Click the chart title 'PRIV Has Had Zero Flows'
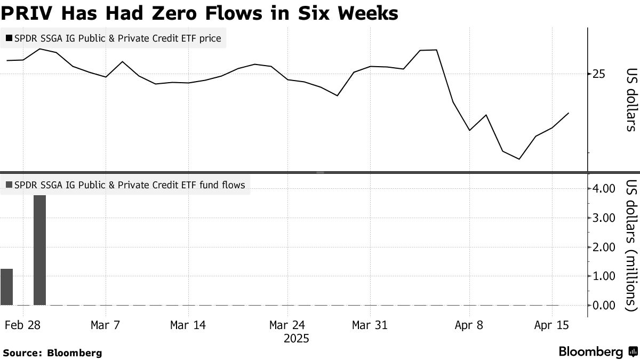pyautogui.click(x=199, y=13)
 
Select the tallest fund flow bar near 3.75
pyautogui.click(x=39, y=250)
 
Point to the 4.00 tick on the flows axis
pyautogui.click(x=605, y=189)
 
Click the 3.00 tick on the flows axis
pyautogui.click(x=605, y=218)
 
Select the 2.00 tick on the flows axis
pyautogui.click(x=605, y=247)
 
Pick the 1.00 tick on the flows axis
pyautogui.click(x=605, y=276)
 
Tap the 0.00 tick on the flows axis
pyautogui.click(x=605, y=306)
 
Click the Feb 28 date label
pyautogui.click(x=23, y=325)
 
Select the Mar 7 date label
pyautogui.click(x=106, y=325)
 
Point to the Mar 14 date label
pyautogui.click(x=188, y=325)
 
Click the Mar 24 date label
pyautogui.click(x=287, y=325)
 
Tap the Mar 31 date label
pyautogui.click(x=370, y=325)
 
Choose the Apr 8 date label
pyautogui.click(x=469, y=325)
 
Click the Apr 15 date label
pyautogui.click(x=552, y=325)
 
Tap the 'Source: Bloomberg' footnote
pyautogui.click(x=52, y=353)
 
